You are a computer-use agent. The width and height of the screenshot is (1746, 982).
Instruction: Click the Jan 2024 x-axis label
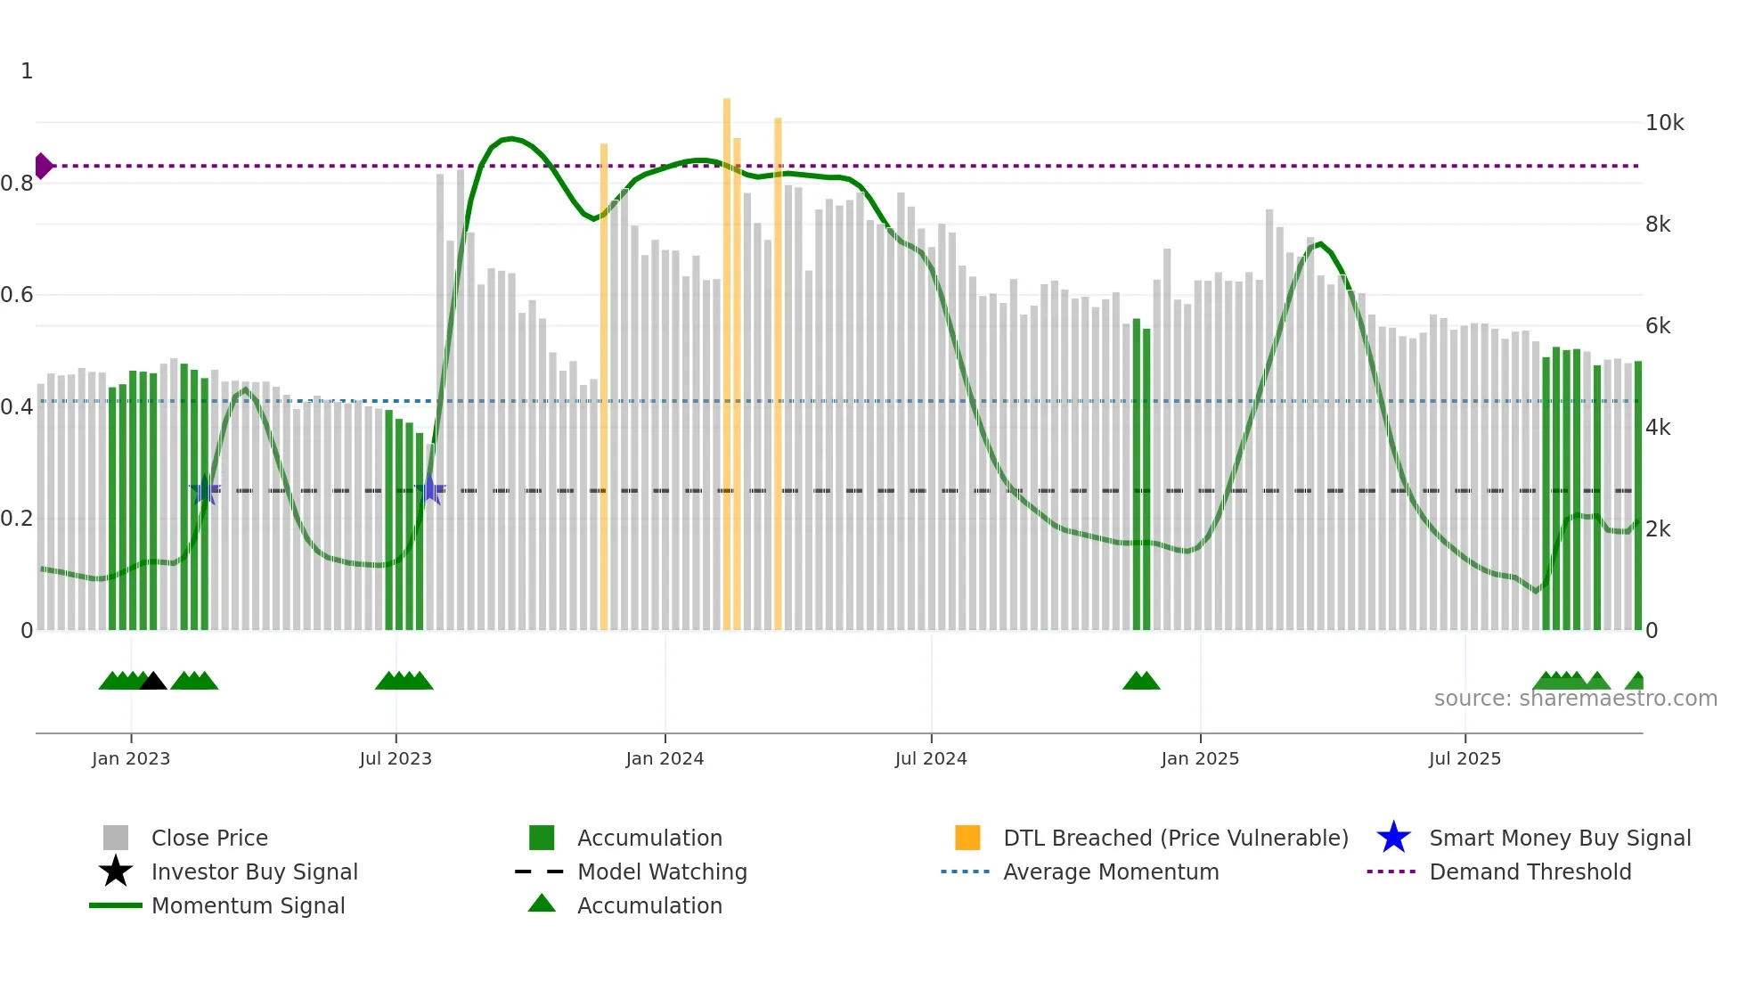[665, 758]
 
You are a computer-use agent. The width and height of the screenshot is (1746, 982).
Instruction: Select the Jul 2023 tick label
[396, 758]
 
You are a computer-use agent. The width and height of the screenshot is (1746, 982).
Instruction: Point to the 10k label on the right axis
[1663, 123]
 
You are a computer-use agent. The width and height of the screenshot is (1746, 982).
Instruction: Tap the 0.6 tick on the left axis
[17, 295]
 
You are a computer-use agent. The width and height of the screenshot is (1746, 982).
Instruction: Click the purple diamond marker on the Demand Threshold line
[43, 166]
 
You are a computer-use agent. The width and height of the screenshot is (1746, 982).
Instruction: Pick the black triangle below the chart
[153, 682]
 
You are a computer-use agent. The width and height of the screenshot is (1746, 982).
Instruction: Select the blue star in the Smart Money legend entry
[1393, 838]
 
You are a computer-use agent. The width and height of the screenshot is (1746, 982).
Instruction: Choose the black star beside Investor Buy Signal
[116, 872]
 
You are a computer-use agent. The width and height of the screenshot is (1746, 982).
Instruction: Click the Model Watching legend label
[662, 872]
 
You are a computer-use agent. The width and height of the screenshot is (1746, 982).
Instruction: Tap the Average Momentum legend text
[1110, 872]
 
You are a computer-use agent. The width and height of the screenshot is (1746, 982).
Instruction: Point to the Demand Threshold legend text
[1530, 872]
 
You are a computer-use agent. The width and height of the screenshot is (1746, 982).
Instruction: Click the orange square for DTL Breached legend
[967, 838]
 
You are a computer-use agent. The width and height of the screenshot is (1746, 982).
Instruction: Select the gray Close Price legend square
[116, 838]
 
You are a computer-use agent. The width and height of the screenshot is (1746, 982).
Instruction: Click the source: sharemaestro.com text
[1575, 699]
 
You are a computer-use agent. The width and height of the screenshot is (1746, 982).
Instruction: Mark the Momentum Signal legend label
[248, 905]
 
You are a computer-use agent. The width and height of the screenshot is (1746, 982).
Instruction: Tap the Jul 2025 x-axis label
[1465, 758]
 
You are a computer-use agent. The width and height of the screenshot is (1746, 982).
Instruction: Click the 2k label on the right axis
[1658, 529]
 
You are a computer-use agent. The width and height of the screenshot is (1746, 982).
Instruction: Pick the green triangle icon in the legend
[542, 904]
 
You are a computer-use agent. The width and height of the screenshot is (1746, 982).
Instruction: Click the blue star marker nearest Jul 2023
[430, 489]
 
